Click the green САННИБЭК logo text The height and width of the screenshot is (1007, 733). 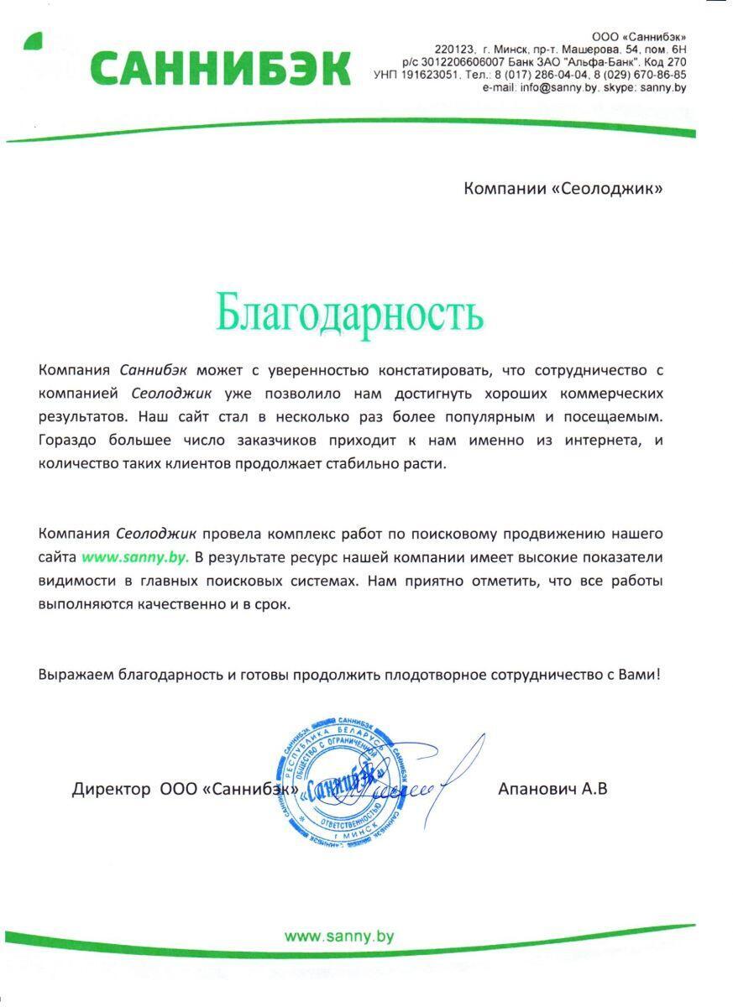(220, 68)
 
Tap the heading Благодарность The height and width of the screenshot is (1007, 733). (349, 312)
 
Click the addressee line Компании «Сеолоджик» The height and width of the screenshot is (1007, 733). (563, 188)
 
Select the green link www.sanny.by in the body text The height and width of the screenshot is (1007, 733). (135, 556)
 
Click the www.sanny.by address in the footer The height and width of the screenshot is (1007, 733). (338, 937)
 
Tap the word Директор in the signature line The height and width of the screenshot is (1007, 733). (112, 789)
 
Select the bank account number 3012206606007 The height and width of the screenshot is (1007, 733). (467, 62)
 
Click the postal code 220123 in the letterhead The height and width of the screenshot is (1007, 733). (454, 50)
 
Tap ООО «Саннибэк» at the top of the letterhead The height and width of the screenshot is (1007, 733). (638, 37)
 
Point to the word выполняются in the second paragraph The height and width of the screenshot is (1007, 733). (86, 603)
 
